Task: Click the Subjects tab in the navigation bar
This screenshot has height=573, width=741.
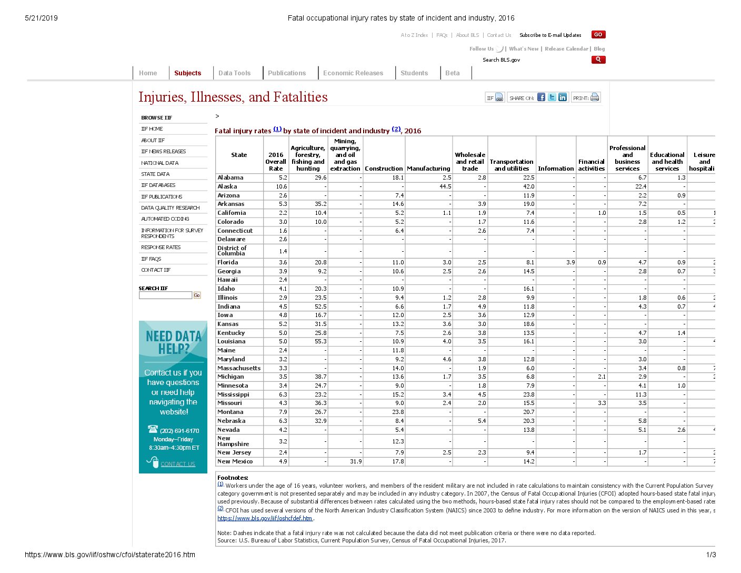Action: [187, 73]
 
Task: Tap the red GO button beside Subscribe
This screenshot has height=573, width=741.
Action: [598, 35]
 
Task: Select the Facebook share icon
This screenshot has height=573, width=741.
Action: [541, 97]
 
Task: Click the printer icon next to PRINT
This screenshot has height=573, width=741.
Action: [595, 97]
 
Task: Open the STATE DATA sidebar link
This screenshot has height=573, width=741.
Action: [155, 174]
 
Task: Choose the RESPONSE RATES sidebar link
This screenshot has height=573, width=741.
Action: [161, 248]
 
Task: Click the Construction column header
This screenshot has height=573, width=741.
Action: [384, 169]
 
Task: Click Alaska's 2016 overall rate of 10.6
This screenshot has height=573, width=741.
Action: [282, 186]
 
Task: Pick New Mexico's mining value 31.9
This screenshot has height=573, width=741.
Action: [356, 461]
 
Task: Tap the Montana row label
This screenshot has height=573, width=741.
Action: [230, 412]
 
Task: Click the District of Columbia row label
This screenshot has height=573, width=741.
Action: [232, 251]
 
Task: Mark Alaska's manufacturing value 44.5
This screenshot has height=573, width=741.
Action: [445, 186]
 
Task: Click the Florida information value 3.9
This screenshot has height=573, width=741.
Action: [570, 262]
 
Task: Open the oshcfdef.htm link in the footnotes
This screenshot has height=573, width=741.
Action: [265, 518]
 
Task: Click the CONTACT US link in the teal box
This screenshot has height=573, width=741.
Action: [178, 464]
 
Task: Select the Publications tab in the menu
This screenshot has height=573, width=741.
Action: [286, 73]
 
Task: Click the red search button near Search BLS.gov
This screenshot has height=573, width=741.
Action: [598, 60]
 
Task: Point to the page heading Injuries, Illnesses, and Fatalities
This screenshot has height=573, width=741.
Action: [233, 97]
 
